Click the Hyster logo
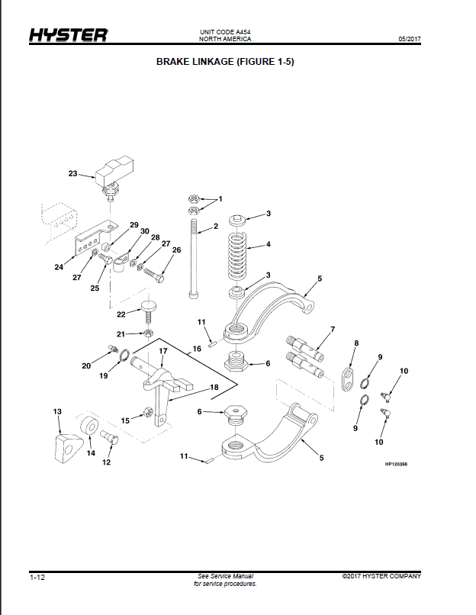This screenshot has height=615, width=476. (69, 35)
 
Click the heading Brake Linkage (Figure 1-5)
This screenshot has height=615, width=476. (225, 62)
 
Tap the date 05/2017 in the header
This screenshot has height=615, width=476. (410, 39)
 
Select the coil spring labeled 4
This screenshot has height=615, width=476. (236, 254)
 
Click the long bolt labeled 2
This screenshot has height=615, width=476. (193, 259)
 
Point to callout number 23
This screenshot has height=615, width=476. (73, 173)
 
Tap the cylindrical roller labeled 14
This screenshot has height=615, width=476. (90, 425)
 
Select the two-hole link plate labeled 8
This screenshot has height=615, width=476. (347, 379)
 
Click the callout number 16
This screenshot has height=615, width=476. (197, 349)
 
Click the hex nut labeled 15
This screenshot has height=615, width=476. (148, 411)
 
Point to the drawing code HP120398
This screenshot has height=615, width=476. (396, 464)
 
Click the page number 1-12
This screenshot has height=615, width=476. (37, 578)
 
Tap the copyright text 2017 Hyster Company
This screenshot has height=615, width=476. (381, 576)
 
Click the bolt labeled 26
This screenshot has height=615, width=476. (155, 274)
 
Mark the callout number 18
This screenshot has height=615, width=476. (214, 387)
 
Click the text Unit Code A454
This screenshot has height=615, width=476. (225, 32)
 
